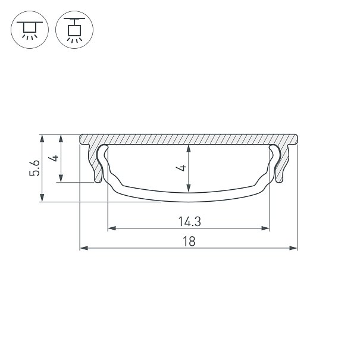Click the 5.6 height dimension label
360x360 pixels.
point(35,168)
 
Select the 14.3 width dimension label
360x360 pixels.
point(189,222)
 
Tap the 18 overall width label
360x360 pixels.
point(189,242)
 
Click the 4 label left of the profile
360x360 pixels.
point(54,158)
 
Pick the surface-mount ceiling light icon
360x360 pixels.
point(30,30)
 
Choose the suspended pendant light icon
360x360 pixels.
point(74,30)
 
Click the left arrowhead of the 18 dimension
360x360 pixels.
point(84,248)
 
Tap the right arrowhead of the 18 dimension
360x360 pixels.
point(293,248)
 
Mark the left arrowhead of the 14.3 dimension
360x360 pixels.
point(112,228)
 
